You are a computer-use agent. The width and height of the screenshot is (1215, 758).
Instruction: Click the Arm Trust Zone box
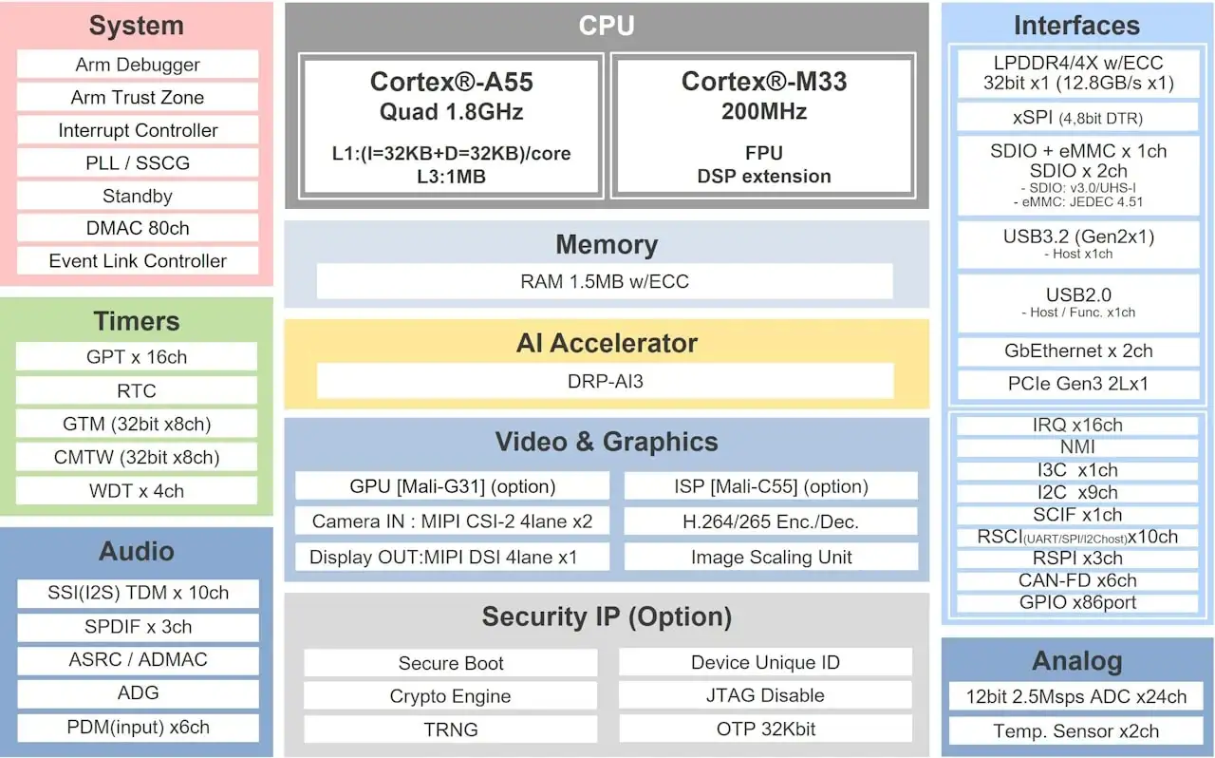pyautogui.click(x=138, y=97)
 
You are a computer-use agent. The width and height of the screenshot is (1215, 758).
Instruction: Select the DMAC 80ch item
pyautogui.click(x=138, y=228)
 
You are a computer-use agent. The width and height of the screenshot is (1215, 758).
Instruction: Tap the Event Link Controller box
pyautogui.click(x=138, y=261)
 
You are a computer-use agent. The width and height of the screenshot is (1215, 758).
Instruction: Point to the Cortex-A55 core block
pyautogui.click(x=452, y=125)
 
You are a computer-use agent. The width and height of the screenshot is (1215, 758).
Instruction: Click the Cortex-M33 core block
pyautogui.click(x=763, y=125)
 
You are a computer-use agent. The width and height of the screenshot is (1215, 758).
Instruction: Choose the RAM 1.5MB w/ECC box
pyautogui.click(x=605, y=281)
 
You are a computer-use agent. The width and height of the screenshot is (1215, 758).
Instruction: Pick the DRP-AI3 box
pyautogui.click(x=605, y=380)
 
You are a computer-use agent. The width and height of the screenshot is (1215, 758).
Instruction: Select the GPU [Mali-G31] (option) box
pyautogui.click(x=452, y=486)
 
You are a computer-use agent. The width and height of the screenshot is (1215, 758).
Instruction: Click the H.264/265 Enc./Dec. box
pyautogui.click(x=771, y=521)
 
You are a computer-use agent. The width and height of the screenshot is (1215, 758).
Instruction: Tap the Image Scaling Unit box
pyautogui.click(x=771, y=557)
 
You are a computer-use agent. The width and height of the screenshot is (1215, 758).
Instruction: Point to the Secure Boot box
pyautogui.click(x=451, y=663)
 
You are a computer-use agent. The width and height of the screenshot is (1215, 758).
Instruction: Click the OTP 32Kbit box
pyautogui.click(x=765, y=730)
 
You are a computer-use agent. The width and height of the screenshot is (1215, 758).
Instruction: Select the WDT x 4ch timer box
pyautogui.click(x=136, y=491)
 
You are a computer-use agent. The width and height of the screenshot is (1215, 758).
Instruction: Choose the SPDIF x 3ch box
pyautogui.click(x=138, y=627)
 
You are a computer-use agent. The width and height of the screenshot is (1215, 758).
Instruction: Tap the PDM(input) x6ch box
pyautogui.click(x=138, y=728)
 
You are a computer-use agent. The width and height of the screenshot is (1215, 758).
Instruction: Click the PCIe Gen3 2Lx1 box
pyautogui.click(x=1078, y=385)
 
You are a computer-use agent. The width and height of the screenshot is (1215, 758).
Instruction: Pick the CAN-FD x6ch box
pyautogui.click(x=1077, y=580)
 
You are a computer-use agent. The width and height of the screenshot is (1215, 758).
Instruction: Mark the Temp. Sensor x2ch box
pyautogui.click(x=1076, y=731)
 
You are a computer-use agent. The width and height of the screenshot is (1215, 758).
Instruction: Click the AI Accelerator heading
pyautogui.click(x=607, y=343)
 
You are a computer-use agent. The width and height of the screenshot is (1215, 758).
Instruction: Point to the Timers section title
pyautogui.click(x=137, y=321)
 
